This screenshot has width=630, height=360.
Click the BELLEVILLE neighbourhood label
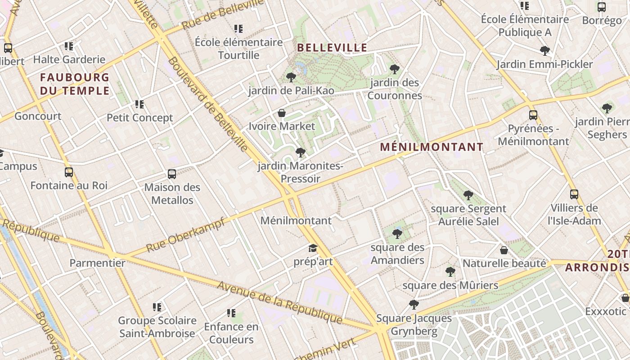[332, 48]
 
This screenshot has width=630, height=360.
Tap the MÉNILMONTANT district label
[432, 147]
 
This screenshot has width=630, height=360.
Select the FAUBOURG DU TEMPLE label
[75, 84]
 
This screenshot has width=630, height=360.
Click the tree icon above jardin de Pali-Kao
[291, 77]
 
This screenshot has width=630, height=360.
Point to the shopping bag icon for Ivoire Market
[282, 113]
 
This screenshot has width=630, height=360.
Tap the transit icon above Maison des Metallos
[172, 174]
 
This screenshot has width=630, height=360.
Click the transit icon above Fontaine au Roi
[69, 172]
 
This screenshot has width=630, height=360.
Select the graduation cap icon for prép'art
[313, 248]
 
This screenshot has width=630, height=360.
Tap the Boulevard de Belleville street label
[208, 104]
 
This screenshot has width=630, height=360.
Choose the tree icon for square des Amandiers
[397, 234]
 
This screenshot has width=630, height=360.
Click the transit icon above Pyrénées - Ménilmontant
[533, 115]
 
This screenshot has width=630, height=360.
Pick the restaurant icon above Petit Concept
[139, 104]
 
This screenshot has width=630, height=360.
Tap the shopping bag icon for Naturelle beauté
[504, 250]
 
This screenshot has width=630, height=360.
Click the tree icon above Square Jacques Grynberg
[414, 305]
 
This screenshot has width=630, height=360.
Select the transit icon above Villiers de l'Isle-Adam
[574, 194]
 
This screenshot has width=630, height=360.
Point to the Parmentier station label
[98, 263]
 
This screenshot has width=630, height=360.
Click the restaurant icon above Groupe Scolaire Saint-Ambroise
[157, 307]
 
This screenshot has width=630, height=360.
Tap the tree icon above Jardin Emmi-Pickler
[545, 51]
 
